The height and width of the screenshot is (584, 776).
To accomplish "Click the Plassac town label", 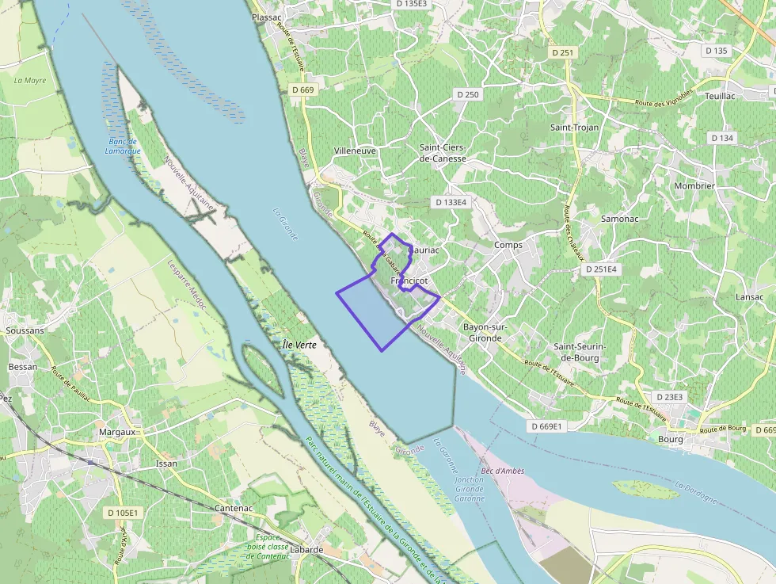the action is [x=266, y=17].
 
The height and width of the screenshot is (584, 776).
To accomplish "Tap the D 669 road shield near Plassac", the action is [x=302, y=90].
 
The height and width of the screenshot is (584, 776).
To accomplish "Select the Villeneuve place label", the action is [x=355, y=151].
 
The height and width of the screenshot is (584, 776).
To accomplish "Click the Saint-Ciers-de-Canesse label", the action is [x=443, y=153].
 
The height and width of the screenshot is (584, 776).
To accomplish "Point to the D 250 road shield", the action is [x=467, y=94].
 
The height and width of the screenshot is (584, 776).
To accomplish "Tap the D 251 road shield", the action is [x=564, y=52].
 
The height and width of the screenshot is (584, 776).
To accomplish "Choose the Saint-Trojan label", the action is [x=575, y=127].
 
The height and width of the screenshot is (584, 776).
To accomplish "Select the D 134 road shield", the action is [x=722, y=138].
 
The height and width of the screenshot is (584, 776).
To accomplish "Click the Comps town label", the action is [x=508, y=245].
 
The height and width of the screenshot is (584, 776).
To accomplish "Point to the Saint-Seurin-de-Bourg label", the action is [x=580, y=352].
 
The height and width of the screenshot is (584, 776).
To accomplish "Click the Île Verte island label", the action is [x=299, y=345].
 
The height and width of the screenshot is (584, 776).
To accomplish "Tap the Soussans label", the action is [x=24, y=330].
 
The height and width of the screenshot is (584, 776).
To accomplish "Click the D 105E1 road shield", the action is [x=123, y=513].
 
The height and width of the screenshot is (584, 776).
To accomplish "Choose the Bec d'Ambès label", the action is [x=502, y=471].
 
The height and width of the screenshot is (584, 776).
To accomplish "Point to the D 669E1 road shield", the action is [x=546, y=426].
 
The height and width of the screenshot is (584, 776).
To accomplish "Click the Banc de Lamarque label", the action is [x=123, y=147].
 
